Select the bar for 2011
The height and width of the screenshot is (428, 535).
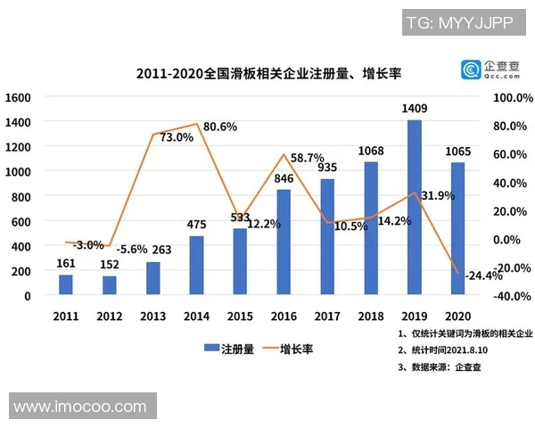(66, 284)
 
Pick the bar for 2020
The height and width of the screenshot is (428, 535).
(457, 228)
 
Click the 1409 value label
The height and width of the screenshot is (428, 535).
(415, 110)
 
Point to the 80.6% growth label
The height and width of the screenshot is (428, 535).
(220, 127)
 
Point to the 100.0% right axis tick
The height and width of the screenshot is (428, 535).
(512, 96)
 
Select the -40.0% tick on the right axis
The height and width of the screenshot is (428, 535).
(512, 296)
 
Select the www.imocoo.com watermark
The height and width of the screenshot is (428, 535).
(80, 407)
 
